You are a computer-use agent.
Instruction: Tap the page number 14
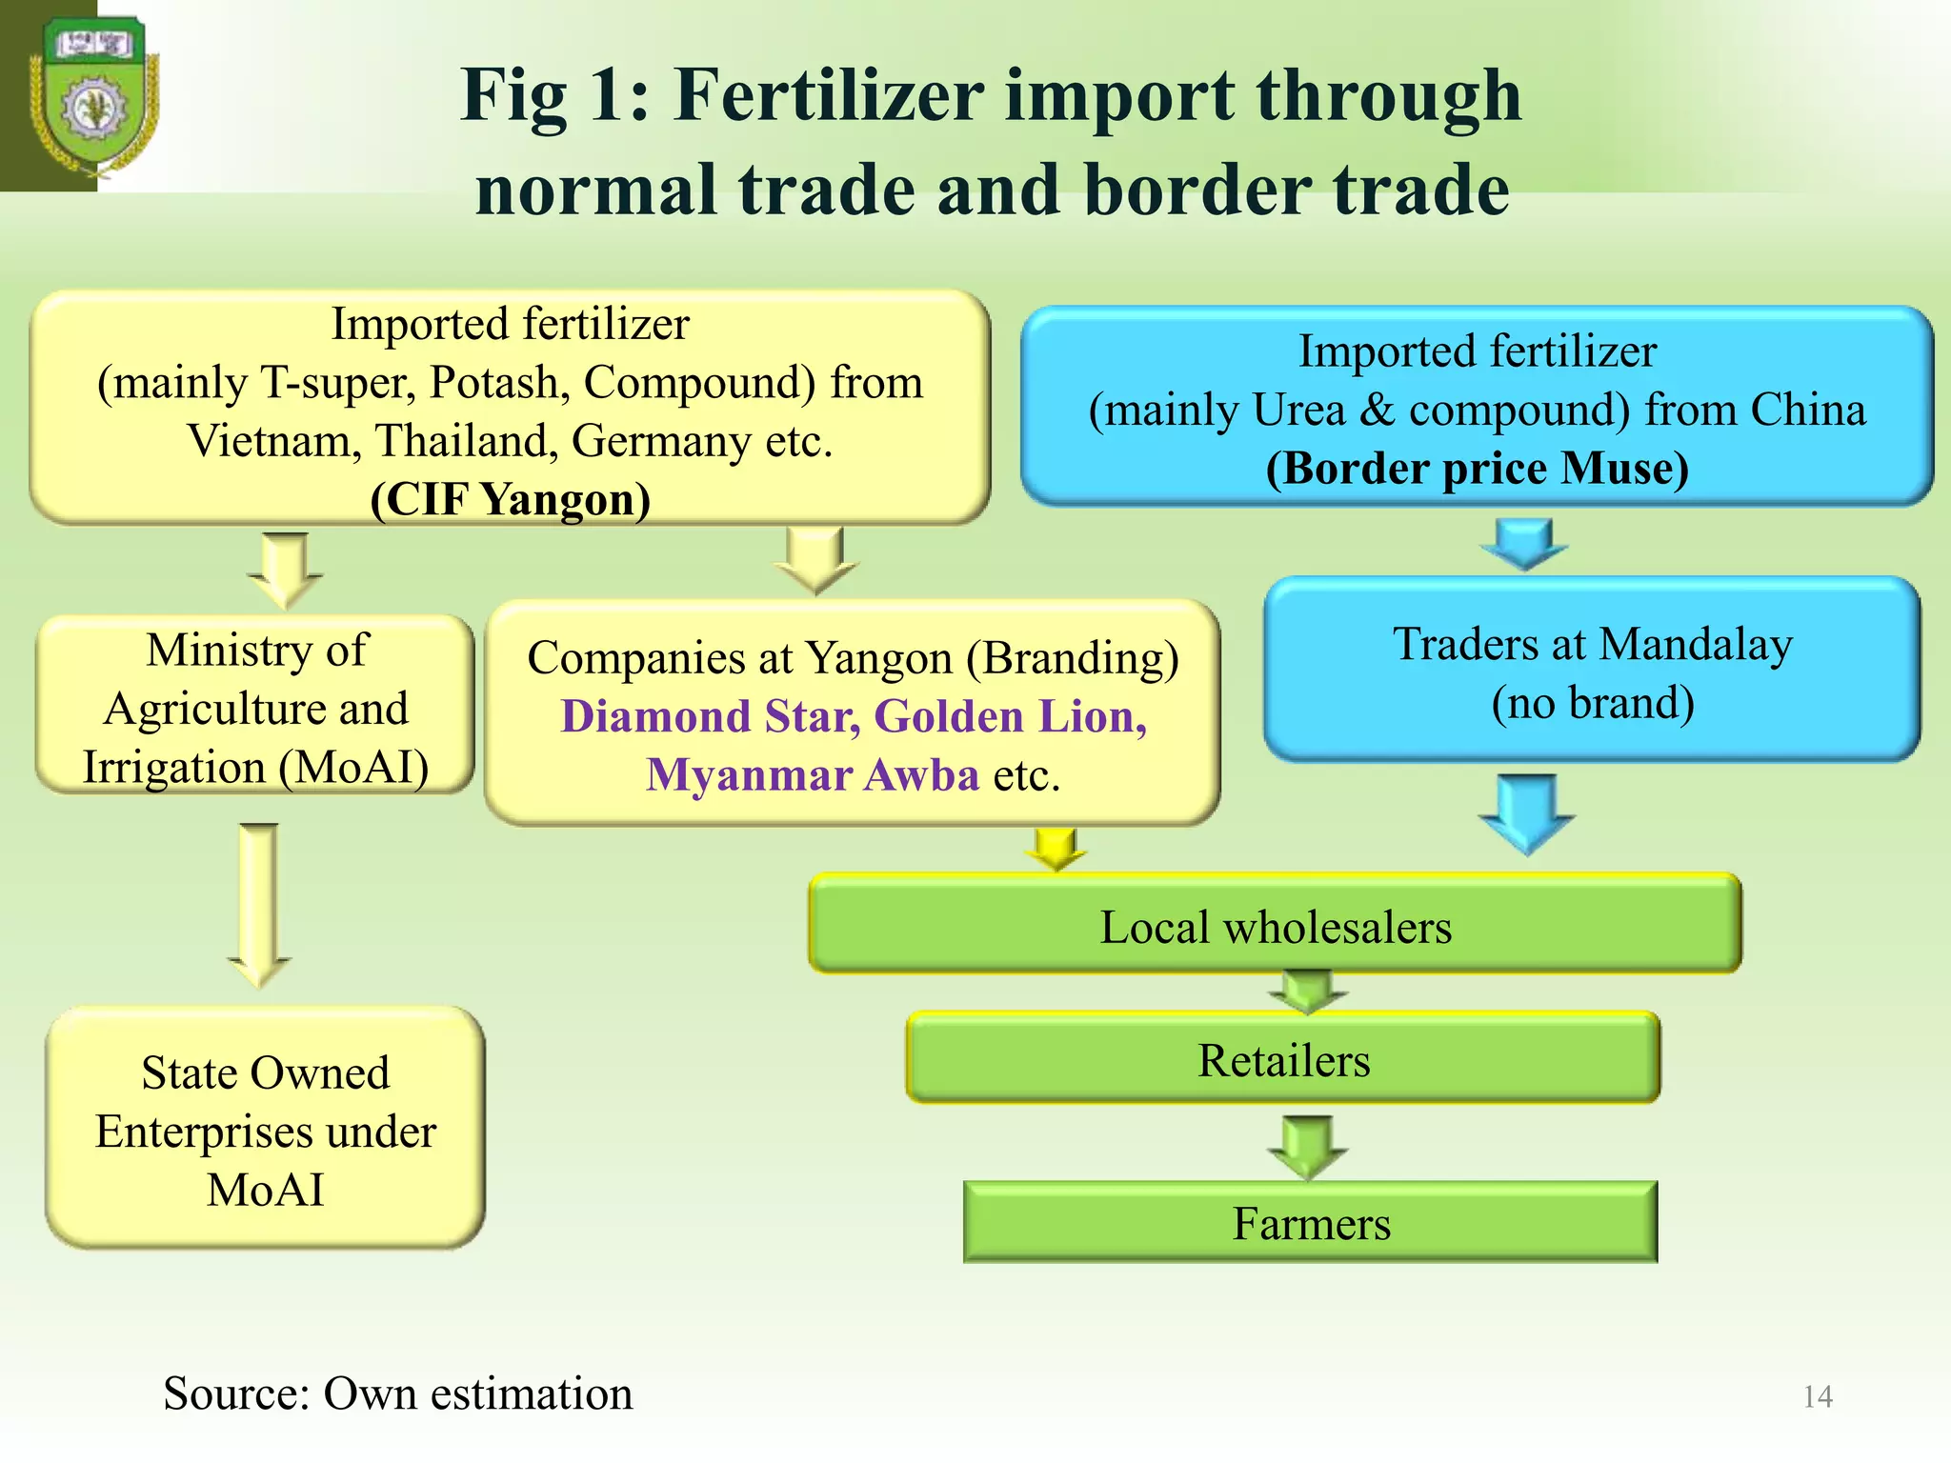tap(1818, 1396)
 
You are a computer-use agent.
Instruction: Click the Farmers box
tap(1311, 1223)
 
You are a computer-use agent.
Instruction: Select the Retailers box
tap(1283, 1059)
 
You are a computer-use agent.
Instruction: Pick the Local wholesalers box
tap(1275, 926)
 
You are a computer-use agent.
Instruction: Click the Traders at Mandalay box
tap(1592, 671)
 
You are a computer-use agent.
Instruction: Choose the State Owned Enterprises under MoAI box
tap(265, 1130)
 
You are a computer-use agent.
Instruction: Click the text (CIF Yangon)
tap(511, 499)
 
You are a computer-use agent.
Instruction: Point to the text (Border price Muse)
tap(1477, 469)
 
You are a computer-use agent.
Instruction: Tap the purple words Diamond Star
tap(710, 716)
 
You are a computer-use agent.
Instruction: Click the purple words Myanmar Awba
tap(813, 774)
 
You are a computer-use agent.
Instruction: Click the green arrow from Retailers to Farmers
tap(1308, 1146)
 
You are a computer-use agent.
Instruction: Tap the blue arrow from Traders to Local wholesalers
tap(1527, 812)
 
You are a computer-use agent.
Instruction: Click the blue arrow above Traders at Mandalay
tap(1524, 543)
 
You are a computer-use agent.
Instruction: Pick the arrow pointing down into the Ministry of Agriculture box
tap(285, 569)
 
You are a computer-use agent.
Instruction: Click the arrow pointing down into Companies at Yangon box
tap(815, 560)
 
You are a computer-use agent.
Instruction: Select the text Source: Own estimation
tap(397, 1393)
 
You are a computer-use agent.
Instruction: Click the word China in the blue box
tap(1807, 410)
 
